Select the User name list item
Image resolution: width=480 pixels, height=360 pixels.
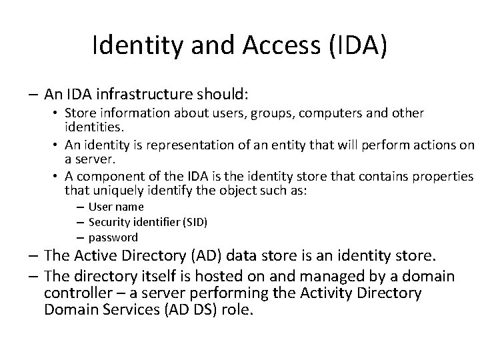[x=115, y=207]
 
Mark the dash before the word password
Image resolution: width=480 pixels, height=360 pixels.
[x=80, y=237]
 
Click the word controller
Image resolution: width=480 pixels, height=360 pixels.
[x=82, y=293]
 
